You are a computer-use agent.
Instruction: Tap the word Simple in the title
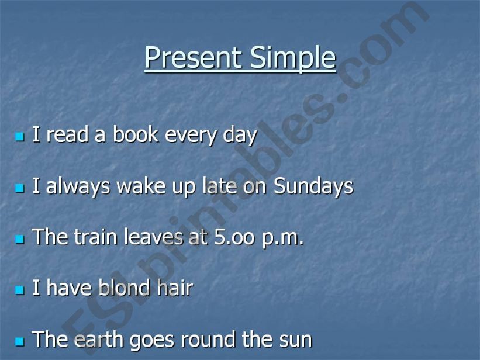click(x=293, y=59)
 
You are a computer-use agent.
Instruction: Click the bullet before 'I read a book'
click(x=20, y=137)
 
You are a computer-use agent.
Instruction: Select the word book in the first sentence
click(x=136, y=134)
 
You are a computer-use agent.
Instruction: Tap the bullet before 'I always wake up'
click(x=20, y=188)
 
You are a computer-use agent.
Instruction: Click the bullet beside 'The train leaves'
click(x=20, y=240)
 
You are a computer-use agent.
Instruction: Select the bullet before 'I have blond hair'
click(x=20, y=290)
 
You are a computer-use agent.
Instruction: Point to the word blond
click(x=125, y=288)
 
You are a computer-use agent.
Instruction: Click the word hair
click(x=175, y=288)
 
